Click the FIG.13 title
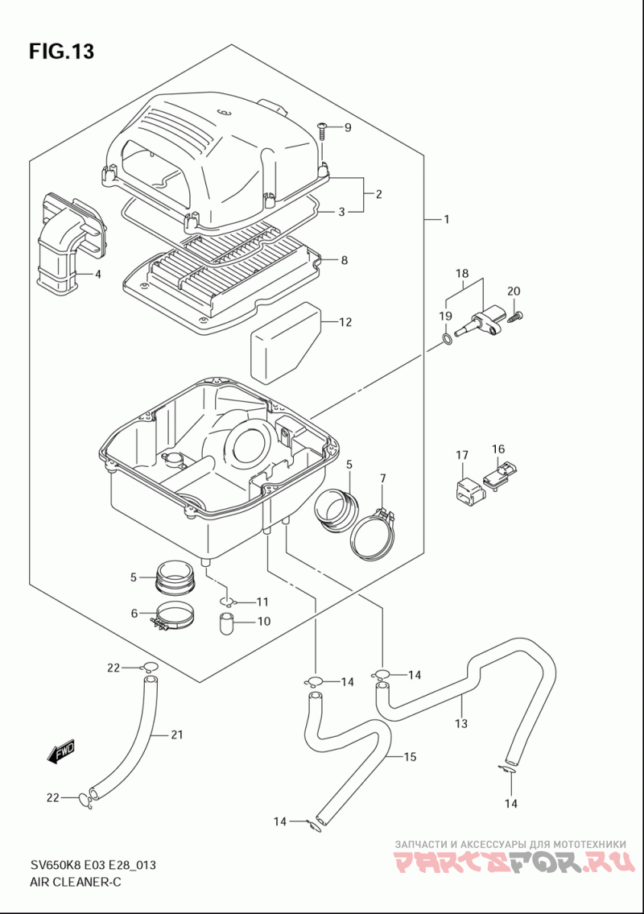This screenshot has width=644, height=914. tap(61, 52)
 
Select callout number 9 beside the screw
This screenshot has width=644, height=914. tap(348, 127)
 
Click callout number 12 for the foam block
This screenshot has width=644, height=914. tap(345, 322)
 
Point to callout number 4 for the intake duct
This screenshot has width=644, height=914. tap(98, 273)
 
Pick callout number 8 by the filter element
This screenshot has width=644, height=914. tap(344, 260)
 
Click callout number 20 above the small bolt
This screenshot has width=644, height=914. tap(514, 291)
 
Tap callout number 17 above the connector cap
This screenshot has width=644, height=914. tap(462, 455)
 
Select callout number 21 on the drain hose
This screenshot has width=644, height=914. tap(176, 734)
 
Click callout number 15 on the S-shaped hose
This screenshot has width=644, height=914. tap(410, 757)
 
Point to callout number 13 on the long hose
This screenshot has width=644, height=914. tap(461, 724)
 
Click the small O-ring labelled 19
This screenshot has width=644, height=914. tap(447, 339)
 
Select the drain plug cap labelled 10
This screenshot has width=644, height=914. tap(227, 622)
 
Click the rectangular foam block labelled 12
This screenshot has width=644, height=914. tap(286, 341)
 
